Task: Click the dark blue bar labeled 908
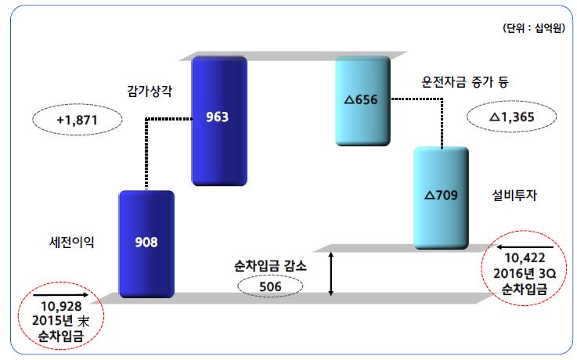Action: pos(146,242)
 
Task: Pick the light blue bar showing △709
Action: pos(441,196)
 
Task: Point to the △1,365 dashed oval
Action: pos(511,117)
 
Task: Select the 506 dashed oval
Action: pos(271,286)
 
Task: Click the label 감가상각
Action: pos(150,91)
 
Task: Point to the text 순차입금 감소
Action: pos(270,265)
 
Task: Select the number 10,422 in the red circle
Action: pos(523,257)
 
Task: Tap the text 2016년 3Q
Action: pos(523,274)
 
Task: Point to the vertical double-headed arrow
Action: pos(332,274)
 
